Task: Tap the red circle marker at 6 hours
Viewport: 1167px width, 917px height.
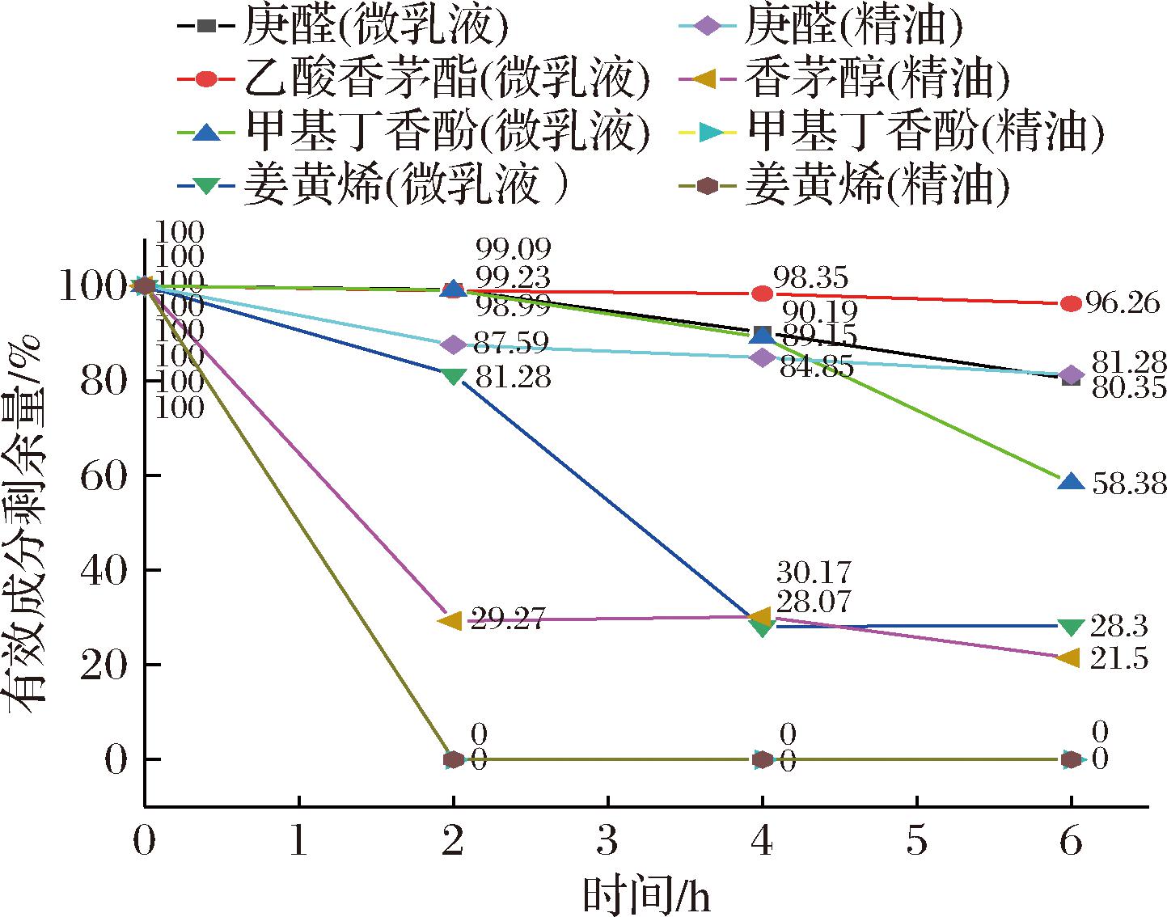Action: pos(1071,304)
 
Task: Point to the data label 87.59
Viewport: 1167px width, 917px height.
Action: pos(510,345)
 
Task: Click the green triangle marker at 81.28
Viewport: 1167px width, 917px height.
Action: pos(454,376)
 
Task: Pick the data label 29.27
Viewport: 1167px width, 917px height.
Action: pos(505,622)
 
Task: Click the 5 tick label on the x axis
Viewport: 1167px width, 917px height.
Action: pos(916,843)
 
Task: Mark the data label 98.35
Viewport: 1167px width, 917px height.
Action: pos(810,279)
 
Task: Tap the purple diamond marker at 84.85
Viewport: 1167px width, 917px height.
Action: pos(762,357)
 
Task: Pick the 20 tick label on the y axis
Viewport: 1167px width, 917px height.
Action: pos(105,666)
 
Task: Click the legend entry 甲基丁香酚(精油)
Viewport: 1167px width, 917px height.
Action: pos(925,132)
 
